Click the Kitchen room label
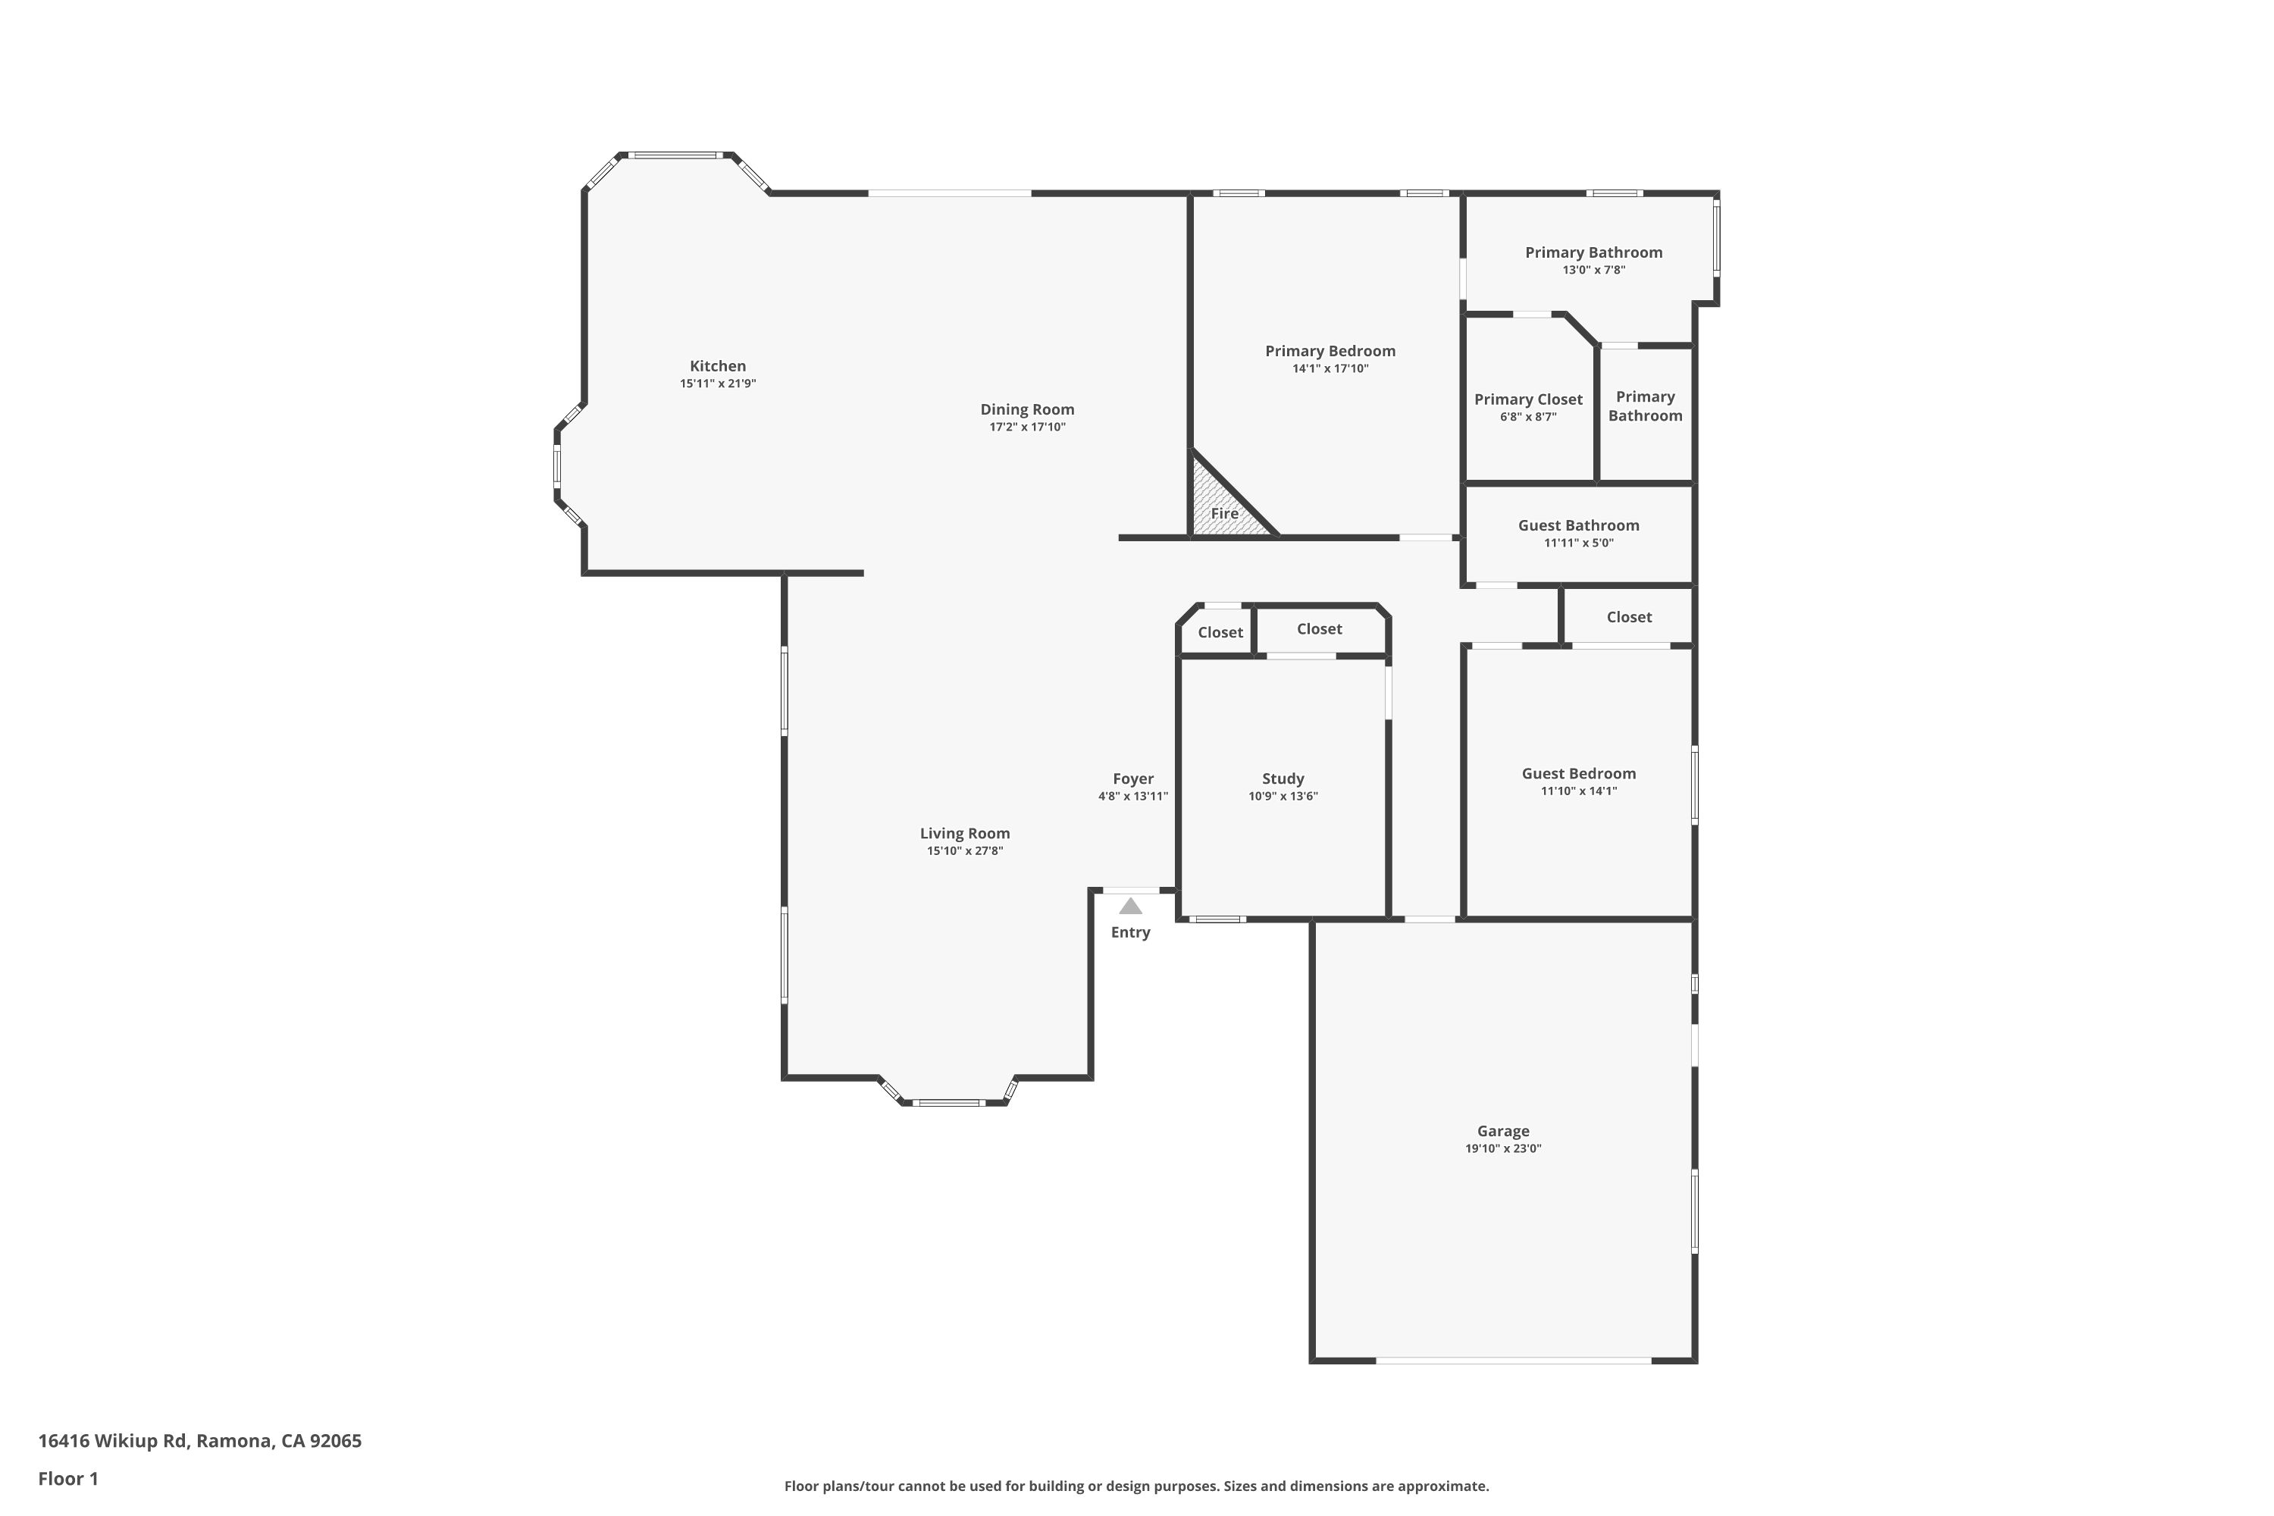[x=717, y=365]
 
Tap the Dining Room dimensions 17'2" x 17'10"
[x=1027, y=426]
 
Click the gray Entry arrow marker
[x=1130, y=906]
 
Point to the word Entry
[x=1130, y=932]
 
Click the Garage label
[x=1502, y=1130]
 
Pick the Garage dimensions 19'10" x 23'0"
[x=1502, y=1148]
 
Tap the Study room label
[x=1283, y=778]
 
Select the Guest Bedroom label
[x=1579, y=773]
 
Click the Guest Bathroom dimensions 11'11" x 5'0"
[x=1579, y=543]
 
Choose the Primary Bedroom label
[x=1330, y=351]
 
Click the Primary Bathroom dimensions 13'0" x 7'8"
[x=1594, y=270]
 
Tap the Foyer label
[x=1133, y=778]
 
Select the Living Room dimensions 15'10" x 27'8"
[x=965, y=850]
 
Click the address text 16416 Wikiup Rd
[x=111, y=1441]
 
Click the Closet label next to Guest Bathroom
[x=1629, y=617]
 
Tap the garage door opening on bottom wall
[x=1513, y=1361]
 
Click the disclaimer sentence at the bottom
[x=1136, y=1486]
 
